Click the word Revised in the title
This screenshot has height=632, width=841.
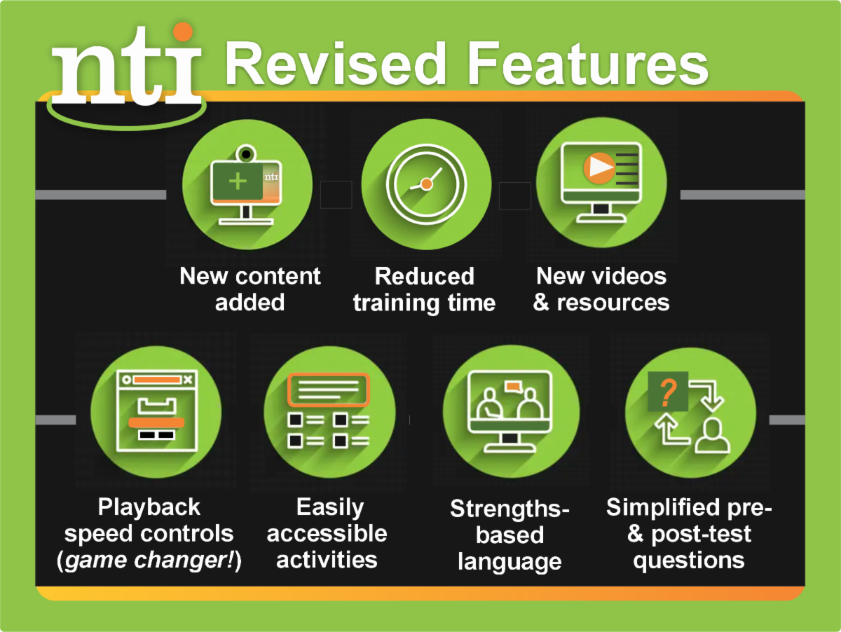[337, 62]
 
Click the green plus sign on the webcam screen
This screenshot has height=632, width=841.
[238, 181]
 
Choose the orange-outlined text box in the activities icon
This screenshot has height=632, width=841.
[328, 390]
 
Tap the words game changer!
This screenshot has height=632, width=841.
[151, 561]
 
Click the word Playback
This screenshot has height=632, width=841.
[149, 507]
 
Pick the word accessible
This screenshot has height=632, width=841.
[327, 534]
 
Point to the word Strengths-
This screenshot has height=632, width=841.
[510, 509]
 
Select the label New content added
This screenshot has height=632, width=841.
[250, 289]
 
